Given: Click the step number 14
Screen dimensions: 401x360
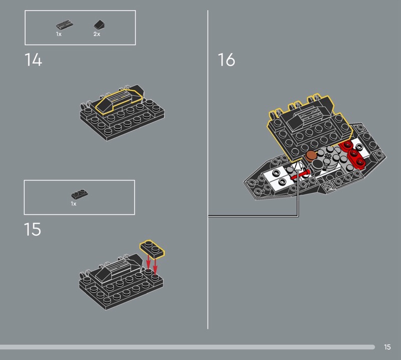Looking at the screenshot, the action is coord(33,60).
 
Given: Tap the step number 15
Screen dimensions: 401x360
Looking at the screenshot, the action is coord(33,229).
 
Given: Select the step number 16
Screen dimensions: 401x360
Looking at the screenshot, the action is coord(227,60).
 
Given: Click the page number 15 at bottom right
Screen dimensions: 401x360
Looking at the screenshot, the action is coord(387,347).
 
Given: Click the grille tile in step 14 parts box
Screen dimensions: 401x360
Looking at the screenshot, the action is coord(65,25).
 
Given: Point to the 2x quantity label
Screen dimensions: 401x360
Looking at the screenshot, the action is coord(97,34).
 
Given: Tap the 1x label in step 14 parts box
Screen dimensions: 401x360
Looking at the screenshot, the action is coord(59,34).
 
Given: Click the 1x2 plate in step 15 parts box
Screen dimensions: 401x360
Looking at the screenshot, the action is coord(80,194).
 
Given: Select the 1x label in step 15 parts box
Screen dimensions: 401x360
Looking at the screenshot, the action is coord(74,204).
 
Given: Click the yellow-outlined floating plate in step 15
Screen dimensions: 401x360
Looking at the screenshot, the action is coord(152,249).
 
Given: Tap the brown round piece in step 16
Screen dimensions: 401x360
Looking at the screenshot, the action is coord(311,155).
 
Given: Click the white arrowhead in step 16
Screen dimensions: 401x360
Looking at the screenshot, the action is coord(297,166).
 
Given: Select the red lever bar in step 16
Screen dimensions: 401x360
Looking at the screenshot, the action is coord(301,175).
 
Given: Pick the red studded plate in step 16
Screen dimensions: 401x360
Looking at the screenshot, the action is coord(353,154).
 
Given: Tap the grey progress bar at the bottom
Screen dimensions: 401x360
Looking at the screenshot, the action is coord(187,347).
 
